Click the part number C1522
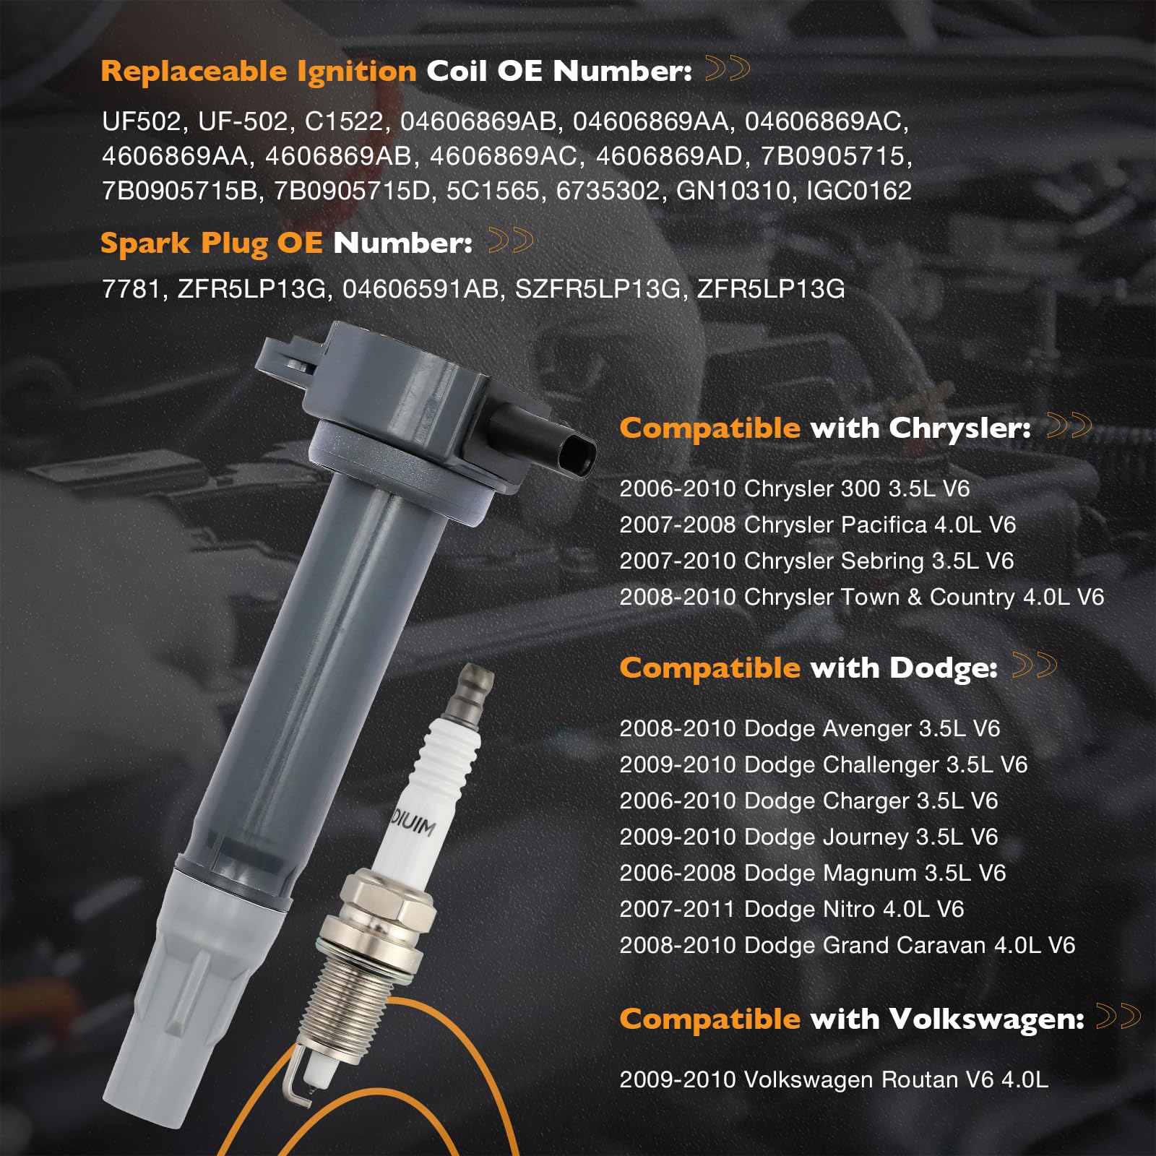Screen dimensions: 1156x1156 (343, 121)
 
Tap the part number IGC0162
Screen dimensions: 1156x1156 (858, 191)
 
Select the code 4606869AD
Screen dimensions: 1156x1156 (669, 156)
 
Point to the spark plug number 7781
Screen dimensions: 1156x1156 (130, 289)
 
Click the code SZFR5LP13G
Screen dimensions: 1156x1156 (598, 289)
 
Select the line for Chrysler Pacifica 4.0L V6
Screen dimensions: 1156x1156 (817, 525)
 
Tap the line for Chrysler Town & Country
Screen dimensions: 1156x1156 (861, 597)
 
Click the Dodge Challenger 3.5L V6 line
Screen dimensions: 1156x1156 (823, 764)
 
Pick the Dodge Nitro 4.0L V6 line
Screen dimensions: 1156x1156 (791, 909)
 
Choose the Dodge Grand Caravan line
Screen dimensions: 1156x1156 (847, 945)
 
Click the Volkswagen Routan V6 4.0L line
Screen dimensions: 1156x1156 (833, 1079)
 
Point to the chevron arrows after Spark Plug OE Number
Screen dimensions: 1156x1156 (510, 241)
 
